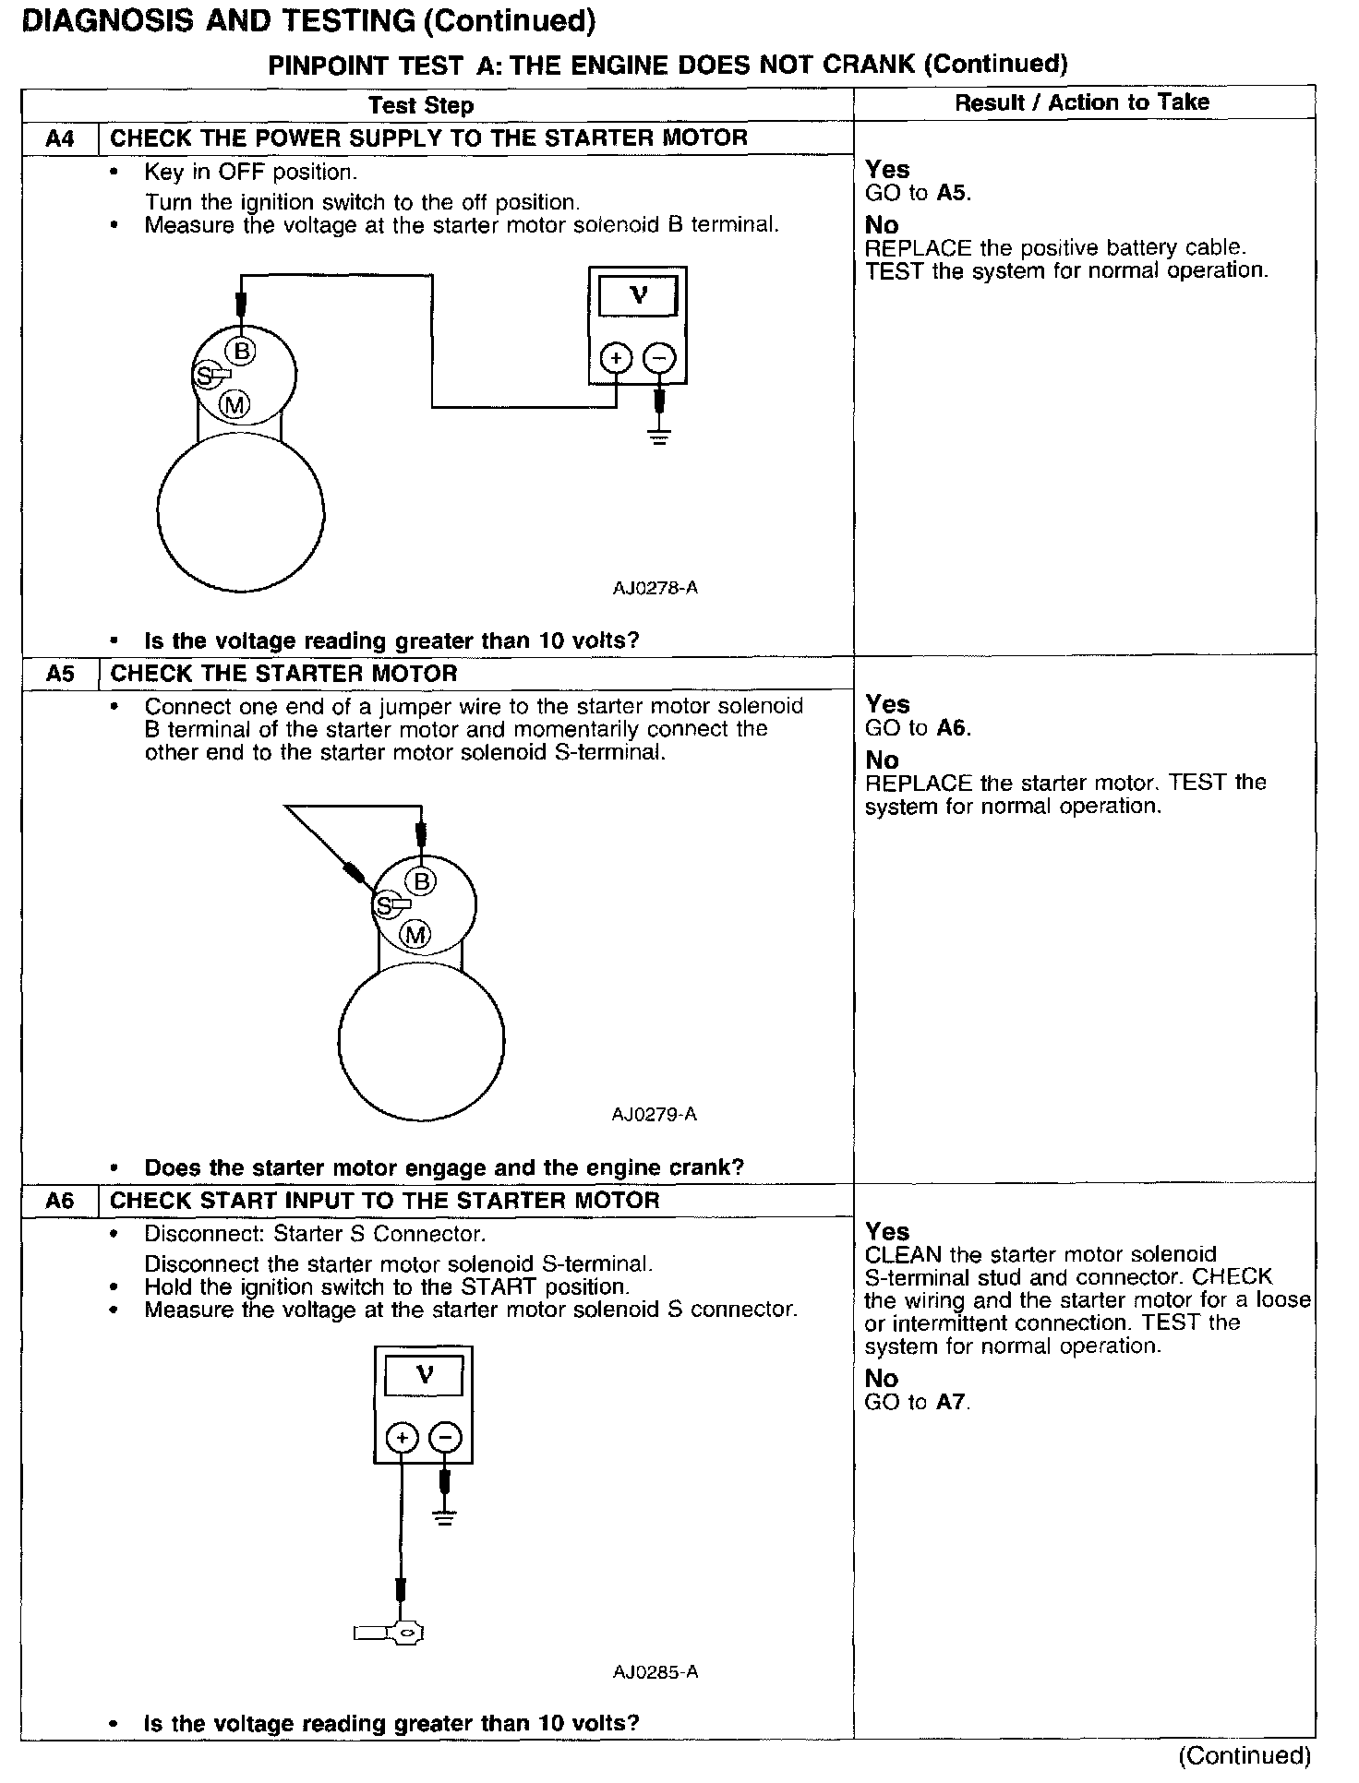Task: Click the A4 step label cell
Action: (x=60, y=139)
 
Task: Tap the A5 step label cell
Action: (x=60, y=674)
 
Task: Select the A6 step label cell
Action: (x=60, y=1201)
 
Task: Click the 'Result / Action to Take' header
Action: (x=1082, y=102)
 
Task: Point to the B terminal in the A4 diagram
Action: (x=242, y=351)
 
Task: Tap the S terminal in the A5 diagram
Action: (x=383, y=906)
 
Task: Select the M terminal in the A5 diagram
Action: (x=416, y=935)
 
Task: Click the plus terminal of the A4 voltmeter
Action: (x=616, y=358)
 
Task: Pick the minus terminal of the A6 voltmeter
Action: (x=445, y=1437)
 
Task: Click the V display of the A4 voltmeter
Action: (x=638, y=296)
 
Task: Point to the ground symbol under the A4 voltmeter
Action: (x=659, y=436)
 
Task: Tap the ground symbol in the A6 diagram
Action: (x=445, y=1518)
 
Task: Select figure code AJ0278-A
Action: (x=655, y=588)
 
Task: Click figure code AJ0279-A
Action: (x=655, y=1115)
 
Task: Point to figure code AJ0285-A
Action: (x=655, y=1672)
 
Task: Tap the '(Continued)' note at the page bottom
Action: (x=1245, y=1755)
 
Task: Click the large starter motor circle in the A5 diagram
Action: (x=421, y=1043)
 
